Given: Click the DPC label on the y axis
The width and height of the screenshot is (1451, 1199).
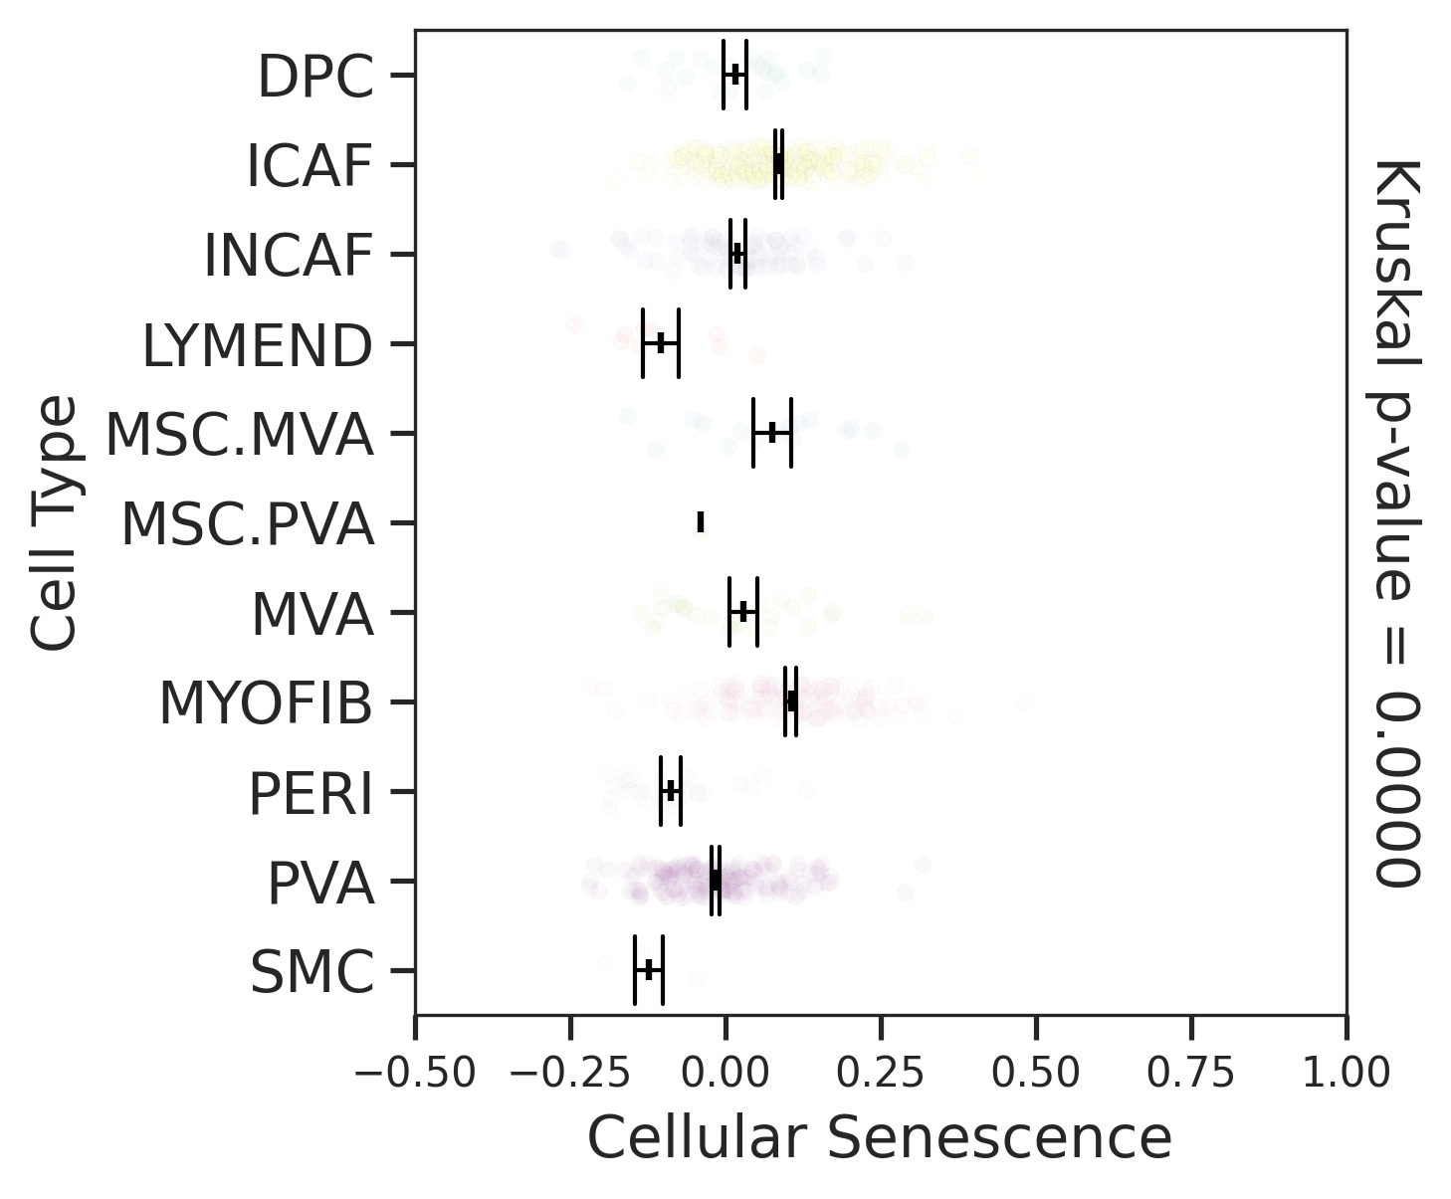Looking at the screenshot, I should pos(315,77).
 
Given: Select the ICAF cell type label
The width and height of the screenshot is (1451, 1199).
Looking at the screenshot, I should pos(310,166).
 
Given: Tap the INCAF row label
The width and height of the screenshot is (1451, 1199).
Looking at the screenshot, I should pos(288,256).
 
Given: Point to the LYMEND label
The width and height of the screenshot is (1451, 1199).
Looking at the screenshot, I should pos(258,346).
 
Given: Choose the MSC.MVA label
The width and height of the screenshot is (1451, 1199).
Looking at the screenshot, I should pos(239,436).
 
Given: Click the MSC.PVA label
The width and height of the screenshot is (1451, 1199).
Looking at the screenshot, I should pos(247,525).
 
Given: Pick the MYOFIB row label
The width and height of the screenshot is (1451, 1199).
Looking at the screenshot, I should pos(266,704).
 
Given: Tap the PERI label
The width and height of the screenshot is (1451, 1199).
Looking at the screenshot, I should pos(311,794).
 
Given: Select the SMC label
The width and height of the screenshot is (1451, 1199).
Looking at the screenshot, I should pos(311,973).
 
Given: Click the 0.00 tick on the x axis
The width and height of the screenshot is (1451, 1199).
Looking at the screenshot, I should pos(725,1074).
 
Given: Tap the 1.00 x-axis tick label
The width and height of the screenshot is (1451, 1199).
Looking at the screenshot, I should pos(1347,1074).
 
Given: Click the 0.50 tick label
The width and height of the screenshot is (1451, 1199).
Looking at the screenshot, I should pos(1036,1074).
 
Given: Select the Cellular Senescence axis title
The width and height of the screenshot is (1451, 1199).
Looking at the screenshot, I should pos(880,1137).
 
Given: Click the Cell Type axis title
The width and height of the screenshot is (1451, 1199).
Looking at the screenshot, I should pos(54,522).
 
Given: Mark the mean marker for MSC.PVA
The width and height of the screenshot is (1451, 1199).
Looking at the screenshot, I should pos(701,521).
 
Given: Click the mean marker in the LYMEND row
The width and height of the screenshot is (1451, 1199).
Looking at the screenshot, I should pos(660,343).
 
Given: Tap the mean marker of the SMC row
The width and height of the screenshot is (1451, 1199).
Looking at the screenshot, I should pos(649,970).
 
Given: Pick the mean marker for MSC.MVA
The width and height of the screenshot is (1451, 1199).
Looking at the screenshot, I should pos(771,432).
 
